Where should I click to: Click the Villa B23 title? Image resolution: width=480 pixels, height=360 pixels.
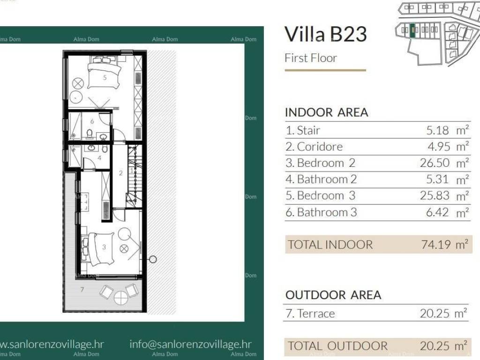(x=325, y=34)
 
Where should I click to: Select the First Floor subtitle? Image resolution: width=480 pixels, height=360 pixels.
(x=311, y=58)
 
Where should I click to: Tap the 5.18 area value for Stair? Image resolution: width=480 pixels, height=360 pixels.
(x=437, y=130)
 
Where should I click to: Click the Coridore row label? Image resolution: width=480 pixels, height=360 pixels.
(x=314, y=147)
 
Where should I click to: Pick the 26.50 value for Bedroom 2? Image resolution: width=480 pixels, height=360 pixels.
(x=435, y=163)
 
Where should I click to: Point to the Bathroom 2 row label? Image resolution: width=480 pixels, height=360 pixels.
(x=321, y=180)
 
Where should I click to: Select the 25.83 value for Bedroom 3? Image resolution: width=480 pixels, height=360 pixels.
(x=435, y=195)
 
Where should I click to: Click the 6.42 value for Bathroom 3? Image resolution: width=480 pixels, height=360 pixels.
(x=437, y=212)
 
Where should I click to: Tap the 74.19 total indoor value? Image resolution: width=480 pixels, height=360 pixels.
(x=436, y=245)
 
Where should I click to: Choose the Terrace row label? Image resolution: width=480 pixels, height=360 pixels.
(x=310, y=314)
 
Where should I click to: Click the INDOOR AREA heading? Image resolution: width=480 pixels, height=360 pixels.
(x=326, y=112)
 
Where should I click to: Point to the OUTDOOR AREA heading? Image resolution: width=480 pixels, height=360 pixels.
(x=333, y=295)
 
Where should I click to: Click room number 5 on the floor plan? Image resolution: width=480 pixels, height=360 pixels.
(x=105, y=77)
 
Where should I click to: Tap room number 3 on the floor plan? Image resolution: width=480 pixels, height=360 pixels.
(x=104, y=247)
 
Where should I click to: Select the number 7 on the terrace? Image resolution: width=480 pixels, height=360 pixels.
(x=82, y=289)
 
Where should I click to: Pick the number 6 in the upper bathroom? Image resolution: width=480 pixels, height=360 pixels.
(x=92, y=121)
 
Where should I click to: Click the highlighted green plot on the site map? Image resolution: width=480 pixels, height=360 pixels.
(x=412, y=30)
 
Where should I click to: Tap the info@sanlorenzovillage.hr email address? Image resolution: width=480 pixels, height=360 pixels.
(x=190, y=344)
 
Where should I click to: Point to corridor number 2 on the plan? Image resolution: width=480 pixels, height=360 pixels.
(x=120, y=173)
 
